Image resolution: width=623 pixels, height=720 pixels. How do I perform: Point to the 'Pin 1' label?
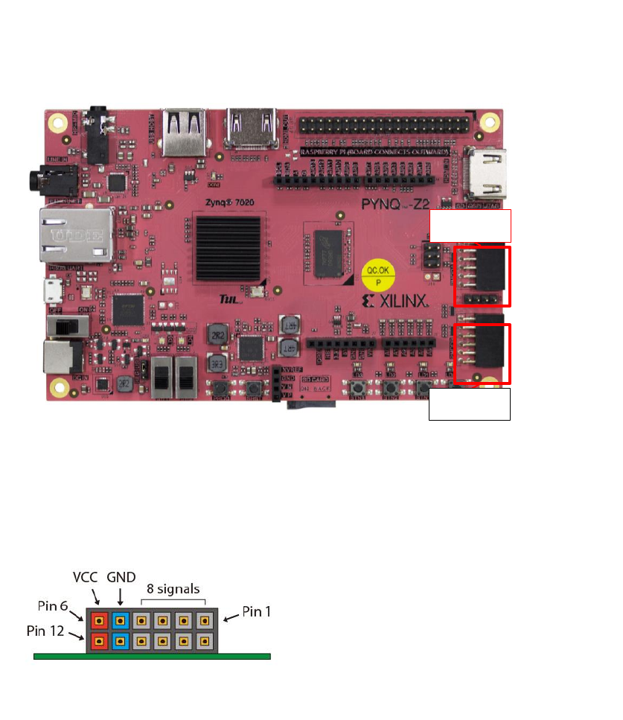258,613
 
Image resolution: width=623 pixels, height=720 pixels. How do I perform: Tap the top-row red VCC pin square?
99,619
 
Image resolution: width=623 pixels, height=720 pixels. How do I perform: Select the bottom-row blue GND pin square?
120,641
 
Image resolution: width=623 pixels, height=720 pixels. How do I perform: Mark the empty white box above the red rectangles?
470,225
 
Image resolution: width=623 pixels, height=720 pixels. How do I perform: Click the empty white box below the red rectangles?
470,404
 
